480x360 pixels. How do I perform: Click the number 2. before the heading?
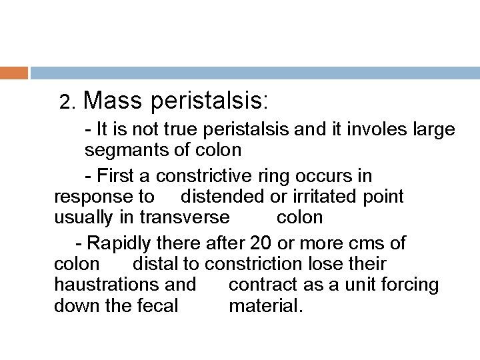[67, 103]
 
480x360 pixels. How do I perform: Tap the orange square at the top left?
[13, 72]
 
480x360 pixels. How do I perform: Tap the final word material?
[265, 306]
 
